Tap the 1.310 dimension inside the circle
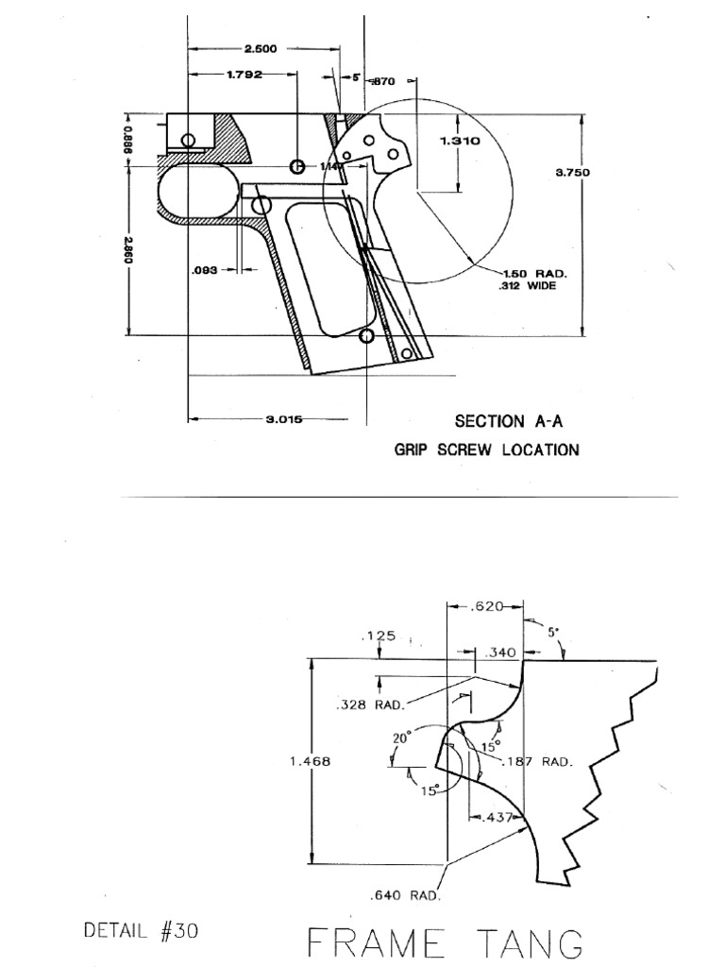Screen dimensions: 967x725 point(461,141)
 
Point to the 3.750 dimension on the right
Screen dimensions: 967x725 point(573,172)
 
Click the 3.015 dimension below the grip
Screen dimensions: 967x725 point(282,420)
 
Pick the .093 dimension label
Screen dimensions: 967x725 point(205,269)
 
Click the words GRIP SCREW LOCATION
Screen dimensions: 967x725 point(486,450)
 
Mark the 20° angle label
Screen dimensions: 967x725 point(400,739)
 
